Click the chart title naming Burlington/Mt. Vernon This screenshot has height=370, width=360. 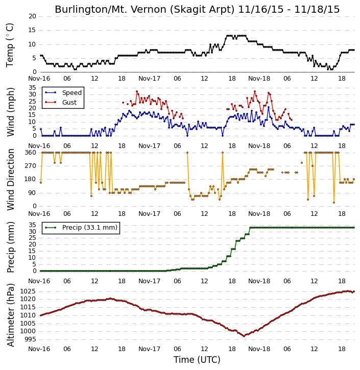tap(197, 9)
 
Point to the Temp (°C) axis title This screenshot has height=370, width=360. tap(10, 45)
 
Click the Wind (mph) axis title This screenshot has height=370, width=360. tap(11, 112)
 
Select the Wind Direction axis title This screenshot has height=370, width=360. tap(11, 180)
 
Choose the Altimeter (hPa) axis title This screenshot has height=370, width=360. tap(11, 315)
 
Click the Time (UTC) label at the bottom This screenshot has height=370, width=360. tap(197, 360)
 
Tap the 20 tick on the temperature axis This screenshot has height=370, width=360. tap(32, 16)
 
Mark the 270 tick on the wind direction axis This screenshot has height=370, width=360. tap(31, 166)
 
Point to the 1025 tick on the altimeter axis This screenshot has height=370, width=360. tap(28, 291)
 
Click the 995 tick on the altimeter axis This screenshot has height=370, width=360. tap(30, 339)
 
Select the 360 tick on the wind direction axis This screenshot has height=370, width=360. tap(31, 153)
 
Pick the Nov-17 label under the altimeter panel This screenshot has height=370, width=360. tap(149, 349)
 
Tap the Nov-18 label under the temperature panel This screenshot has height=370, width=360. tap(259, 79)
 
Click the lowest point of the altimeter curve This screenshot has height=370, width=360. tap(244, 336)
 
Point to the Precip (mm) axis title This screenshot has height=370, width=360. tap(11, 248)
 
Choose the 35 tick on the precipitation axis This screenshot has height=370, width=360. tap(32, 225)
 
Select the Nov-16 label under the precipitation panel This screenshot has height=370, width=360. tap(39, 281)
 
